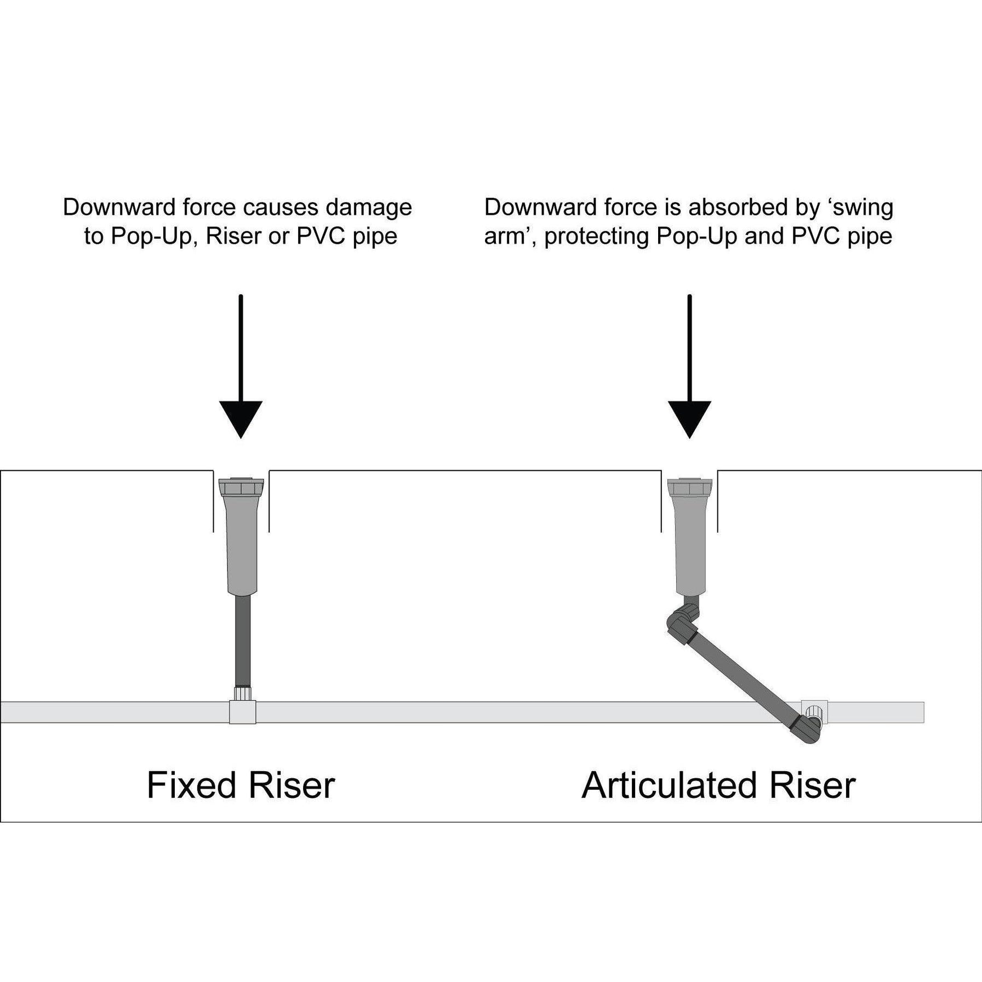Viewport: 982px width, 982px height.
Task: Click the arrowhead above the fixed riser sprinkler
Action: coord(241,416)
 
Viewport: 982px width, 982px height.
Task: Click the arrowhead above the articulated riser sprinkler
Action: coord(689,416)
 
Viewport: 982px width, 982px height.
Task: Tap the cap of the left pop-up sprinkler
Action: coord(241,487)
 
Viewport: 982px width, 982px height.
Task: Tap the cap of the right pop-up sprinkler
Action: coord(690,487)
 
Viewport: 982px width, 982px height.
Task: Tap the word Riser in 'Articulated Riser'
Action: coord(813,785)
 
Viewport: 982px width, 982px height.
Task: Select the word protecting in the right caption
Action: coord(597,236)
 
